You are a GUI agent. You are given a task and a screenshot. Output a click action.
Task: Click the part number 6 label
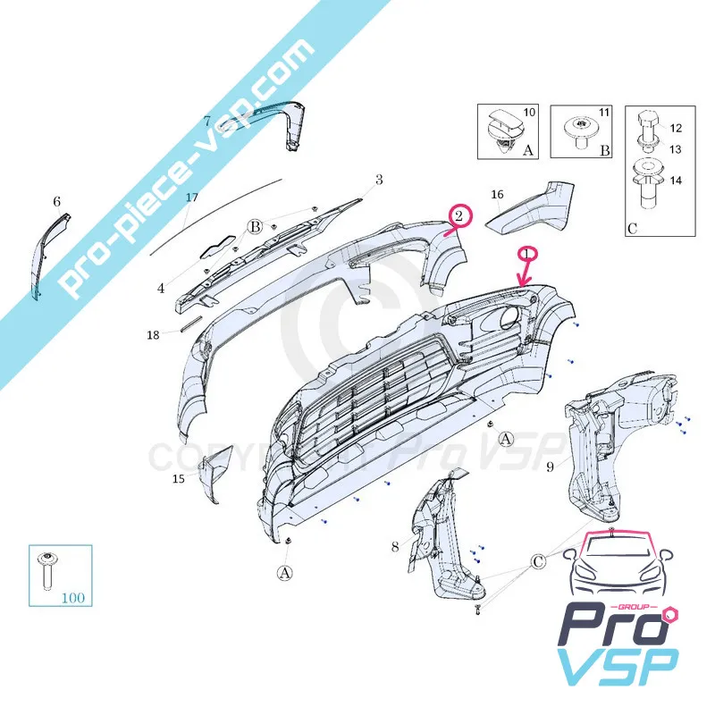(56, 202)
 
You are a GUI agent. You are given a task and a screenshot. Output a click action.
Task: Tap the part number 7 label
(206, 120)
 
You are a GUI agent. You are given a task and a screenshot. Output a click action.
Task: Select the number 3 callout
(379, 181)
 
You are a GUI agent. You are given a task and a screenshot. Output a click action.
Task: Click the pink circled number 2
(458, 215)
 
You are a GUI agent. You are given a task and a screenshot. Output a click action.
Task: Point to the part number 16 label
(498, 194)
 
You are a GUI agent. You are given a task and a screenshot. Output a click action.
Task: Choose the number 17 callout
(191, 198)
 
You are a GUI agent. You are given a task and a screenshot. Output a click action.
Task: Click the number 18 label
(153, 336)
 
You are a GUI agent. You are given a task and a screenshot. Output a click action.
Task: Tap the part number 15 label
(179, 480)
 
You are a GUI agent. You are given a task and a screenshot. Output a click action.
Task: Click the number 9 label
(551, 466)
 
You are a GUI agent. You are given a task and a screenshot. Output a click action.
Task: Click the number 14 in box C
(676, 180)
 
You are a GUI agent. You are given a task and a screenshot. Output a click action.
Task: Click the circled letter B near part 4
(254, 227)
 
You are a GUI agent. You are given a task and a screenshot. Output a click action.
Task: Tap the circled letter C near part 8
(538, 562)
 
